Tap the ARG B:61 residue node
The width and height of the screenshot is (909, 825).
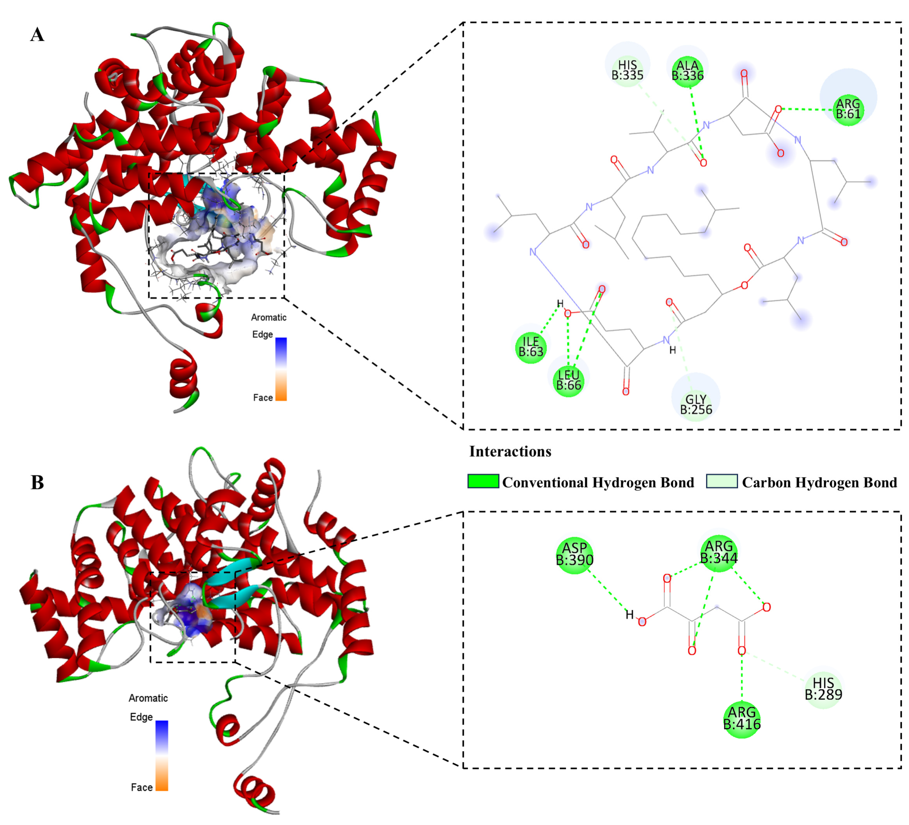coord(848,109)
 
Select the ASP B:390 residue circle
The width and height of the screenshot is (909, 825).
coord(575,554)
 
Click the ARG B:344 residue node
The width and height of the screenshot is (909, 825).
coord(719,552)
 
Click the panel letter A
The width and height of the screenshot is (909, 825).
coord(37,35)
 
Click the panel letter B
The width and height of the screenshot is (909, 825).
coord(37,482)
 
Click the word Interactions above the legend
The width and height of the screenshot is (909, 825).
coord(510,451)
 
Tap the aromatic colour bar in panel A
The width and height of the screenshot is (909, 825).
coord(281,369)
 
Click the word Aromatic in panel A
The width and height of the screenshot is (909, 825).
coord(269,317)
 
